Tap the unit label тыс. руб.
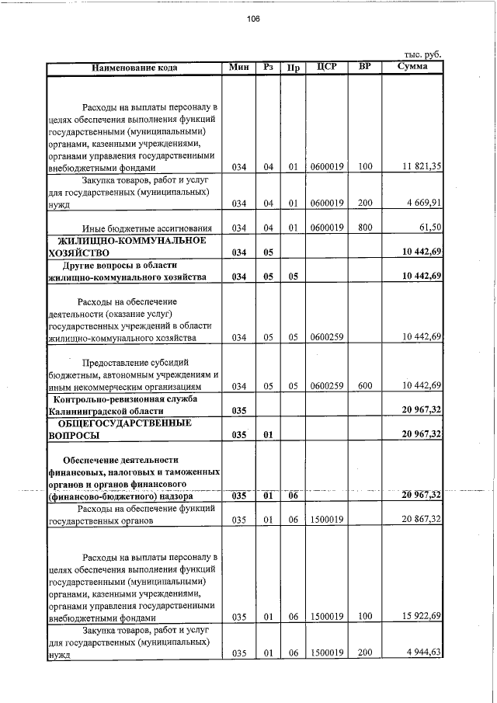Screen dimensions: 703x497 [423, 54]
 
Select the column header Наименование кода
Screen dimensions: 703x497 [134, 68]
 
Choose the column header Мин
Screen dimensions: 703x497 [238, 68]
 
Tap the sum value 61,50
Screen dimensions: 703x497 [429, 228]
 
